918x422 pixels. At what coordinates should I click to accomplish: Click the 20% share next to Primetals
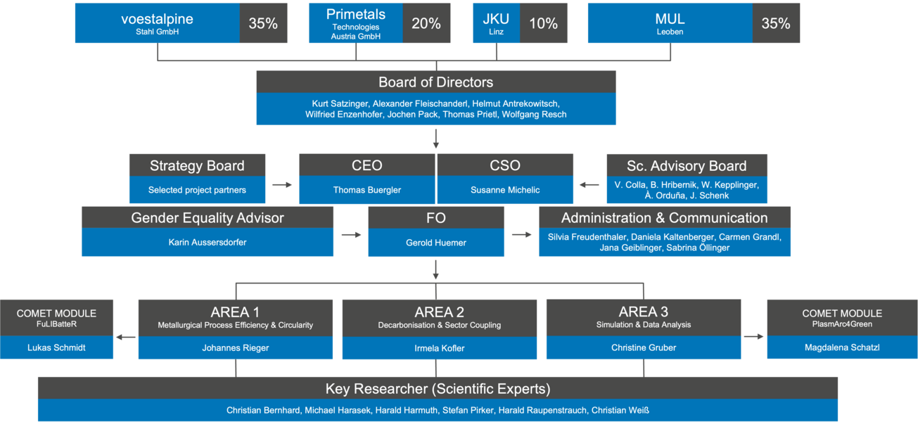pyautogui.click(x=426, y=23)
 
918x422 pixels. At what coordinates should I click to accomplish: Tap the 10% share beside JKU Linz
pyautogui.click(x=544, y=23)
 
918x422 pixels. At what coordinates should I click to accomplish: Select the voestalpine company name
pyautogui.click(x=157, y=19)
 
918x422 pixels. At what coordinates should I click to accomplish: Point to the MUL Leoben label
pyautogui.click(x=670, y=23)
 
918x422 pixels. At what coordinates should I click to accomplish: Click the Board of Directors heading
pyautogui.click(x=435, y=82)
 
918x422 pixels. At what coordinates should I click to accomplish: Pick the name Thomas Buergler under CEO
pyautogui.click(x=366, y=190)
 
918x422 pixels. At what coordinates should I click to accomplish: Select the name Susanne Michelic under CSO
pyautogui.click(x=505, y=190)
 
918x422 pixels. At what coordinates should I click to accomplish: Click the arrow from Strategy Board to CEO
pyautogui.click(x=282, y=185)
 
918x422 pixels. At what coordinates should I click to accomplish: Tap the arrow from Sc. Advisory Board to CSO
pyautogui.click(x=589, y=185)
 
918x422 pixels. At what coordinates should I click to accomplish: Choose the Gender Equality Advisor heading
pyautogui.click(x=208, y=218)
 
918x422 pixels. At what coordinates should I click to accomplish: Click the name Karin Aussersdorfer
pyautogui.click(x=208, y=242)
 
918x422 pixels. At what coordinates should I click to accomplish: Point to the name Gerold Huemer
pyautogui.click(x=436, y=243)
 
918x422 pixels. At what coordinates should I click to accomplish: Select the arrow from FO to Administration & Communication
pyautogui.click(x=522, y=235)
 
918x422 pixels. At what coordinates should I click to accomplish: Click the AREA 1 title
pyautogui.click(x=235, y=312)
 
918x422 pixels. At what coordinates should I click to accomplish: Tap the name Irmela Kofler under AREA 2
pyautogui.click(x=440, y=348)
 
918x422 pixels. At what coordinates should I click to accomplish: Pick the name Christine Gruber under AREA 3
pyautogui.click(x=644, y=347)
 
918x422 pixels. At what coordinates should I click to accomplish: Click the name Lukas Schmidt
pyautogui.click(x=56, y=347)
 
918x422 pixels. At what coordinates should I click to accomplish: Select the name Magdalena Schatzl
pyautogui.click(x=842, y=347)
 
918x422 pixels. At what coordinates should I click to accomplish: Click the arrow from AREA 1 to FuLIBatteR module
pyautogui.click(x=126, y=337)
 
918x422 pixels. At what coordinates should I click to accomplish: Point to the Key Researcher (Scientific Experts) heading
pyautogui.click(x=438, y=389)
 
